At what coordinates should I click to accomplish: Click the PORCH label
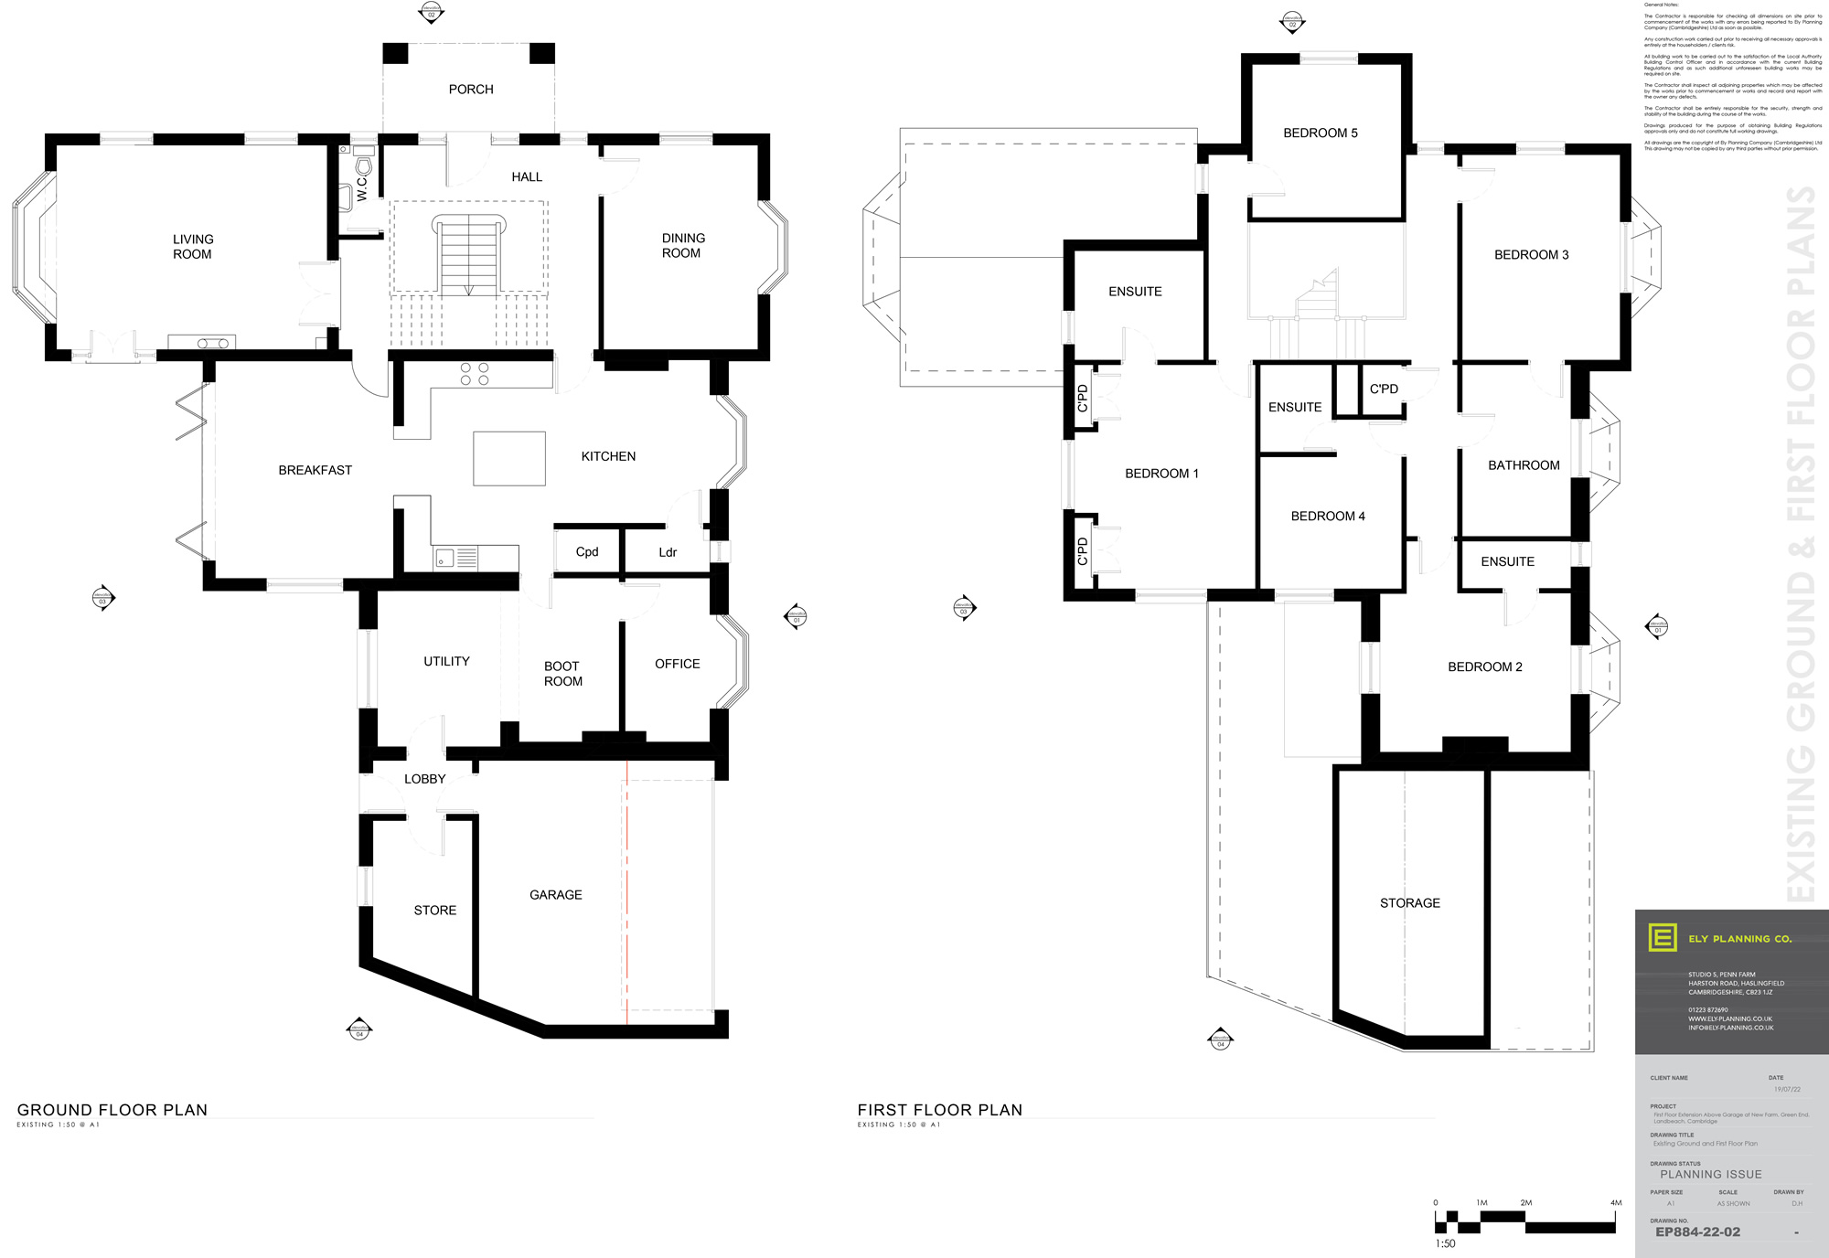coord(471,90)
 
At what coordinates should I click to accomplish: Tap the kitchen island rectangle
coord(509,459)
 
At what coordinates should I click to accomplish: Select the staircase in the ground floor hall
coord(469,255)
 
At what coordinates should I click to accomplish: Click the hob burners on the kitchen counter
coord(475,374)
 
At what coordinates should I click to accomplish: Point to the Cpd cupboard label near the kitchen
coord(587,552)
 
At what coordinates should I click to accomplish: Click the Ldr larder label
coord(668,553)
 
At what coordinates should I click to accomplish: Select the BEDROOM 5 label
coord(1320,133)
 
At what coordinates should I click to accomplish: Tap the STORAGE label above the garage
coord(1409,903)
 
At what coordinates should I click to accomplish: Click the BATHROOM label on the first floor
coord(1524,465)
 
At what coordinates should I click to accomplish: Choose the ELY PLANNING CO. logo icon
coord(1662,938)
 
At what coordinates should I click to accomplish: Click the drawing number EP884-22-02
coord(1697,1232)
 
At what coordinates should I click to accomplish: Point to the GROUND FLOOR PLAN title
coord(112,1110)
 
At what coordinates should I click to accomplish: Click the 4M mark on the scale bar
coord(1615,1203)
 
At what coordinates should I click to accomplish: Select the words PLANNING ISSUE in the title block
coord(1710,1175)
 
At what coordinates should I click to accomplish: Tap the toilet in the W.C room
coord(365,165)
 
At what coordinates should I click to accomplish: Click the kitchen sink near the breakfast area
coord(444,558)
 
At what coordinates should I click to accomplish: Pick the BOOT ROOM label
coord(562,674)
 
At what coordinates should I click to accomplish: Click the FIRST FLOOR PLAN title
coord(939,1110)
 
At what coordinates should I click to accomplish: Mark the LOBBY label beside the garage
coord(425,779)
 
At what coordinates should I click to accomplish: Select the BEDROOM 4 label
coord(1327,517)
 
